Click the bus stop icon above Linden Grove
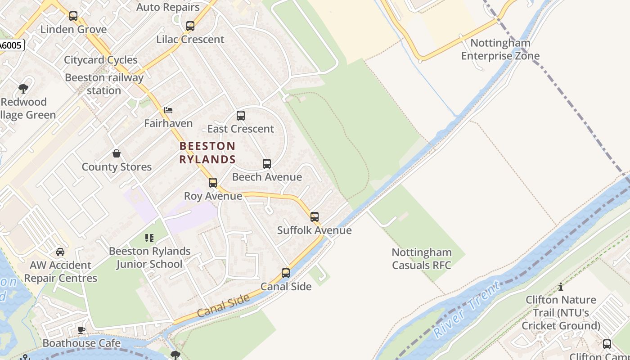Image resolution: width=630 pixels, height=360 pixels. [x=73, y=16]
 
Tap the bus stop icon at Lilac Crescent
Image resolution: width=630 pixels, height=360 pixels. [x=190, y=26]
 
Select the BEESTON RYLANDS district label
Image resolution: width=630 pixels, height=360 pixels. [x=207, y=153]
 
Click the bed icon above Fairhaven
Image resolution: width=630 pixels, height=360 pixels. [x=168, y=110]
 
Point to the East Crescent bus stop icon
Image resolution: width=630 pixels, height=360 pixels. [x=241, y=116]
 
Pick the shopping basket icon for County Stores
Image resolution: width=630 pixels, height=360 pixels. [x=117, y=154]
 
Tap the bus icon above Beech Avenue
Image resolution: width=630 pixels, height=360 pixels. [x=267, y=164]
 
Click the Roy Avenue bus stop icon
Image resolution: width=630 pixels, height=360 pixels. [x=213, y=183]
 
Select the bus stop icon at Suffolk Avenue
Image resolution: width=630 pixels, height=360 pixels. [x=315, y=217]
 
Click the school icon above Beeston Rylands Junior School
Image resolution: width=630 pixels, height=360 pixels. [x=149, y=238]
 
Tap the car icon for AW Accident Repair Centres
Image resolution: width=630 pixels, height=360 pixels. [x=60, y=252]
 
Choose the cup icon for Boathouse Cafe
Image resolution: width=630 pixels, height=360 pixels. [x=81, y=330]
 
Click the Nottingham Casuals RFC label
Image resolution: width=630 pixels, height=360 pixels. [x=421, y=259]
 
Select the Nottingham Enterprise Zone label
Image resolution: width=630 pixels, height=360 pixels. [x=500, y=49]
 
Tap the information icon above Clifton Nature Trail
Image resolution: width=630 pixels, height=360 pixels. [x=561, y=287]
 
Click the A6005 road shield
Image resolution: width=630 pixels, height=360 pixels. [x=11, y=45]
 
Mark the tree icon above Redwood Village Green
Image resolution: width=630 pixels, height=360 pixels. [x=23, y=89]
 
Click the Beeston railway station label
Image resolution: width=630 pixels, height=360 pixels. [x=104, y=84]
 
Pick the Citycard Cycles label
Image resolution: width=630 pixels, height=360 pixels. [x=101, y=60]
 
